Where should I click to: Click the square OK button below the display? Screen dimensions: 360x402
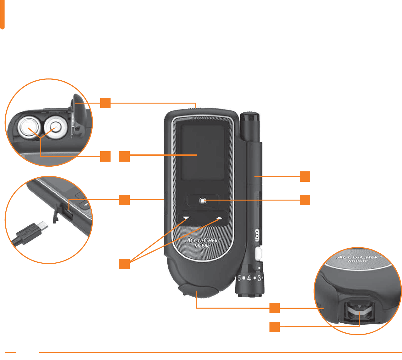[203, 200]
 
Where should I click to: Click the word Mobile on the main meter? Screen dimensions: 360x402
[202, 246]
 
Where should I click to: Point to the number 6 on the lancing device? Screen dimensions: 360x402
[257, 234]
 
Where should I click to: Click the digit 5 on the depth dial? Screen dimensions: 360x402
[239, 278]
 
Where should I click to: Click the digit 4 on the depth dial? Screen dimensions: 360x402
[249, 278]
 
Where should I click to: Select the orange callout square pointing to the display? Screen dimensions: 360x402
[124, 156]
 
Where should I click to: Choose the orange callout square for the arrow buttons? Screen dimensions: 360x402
[124, 264]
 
